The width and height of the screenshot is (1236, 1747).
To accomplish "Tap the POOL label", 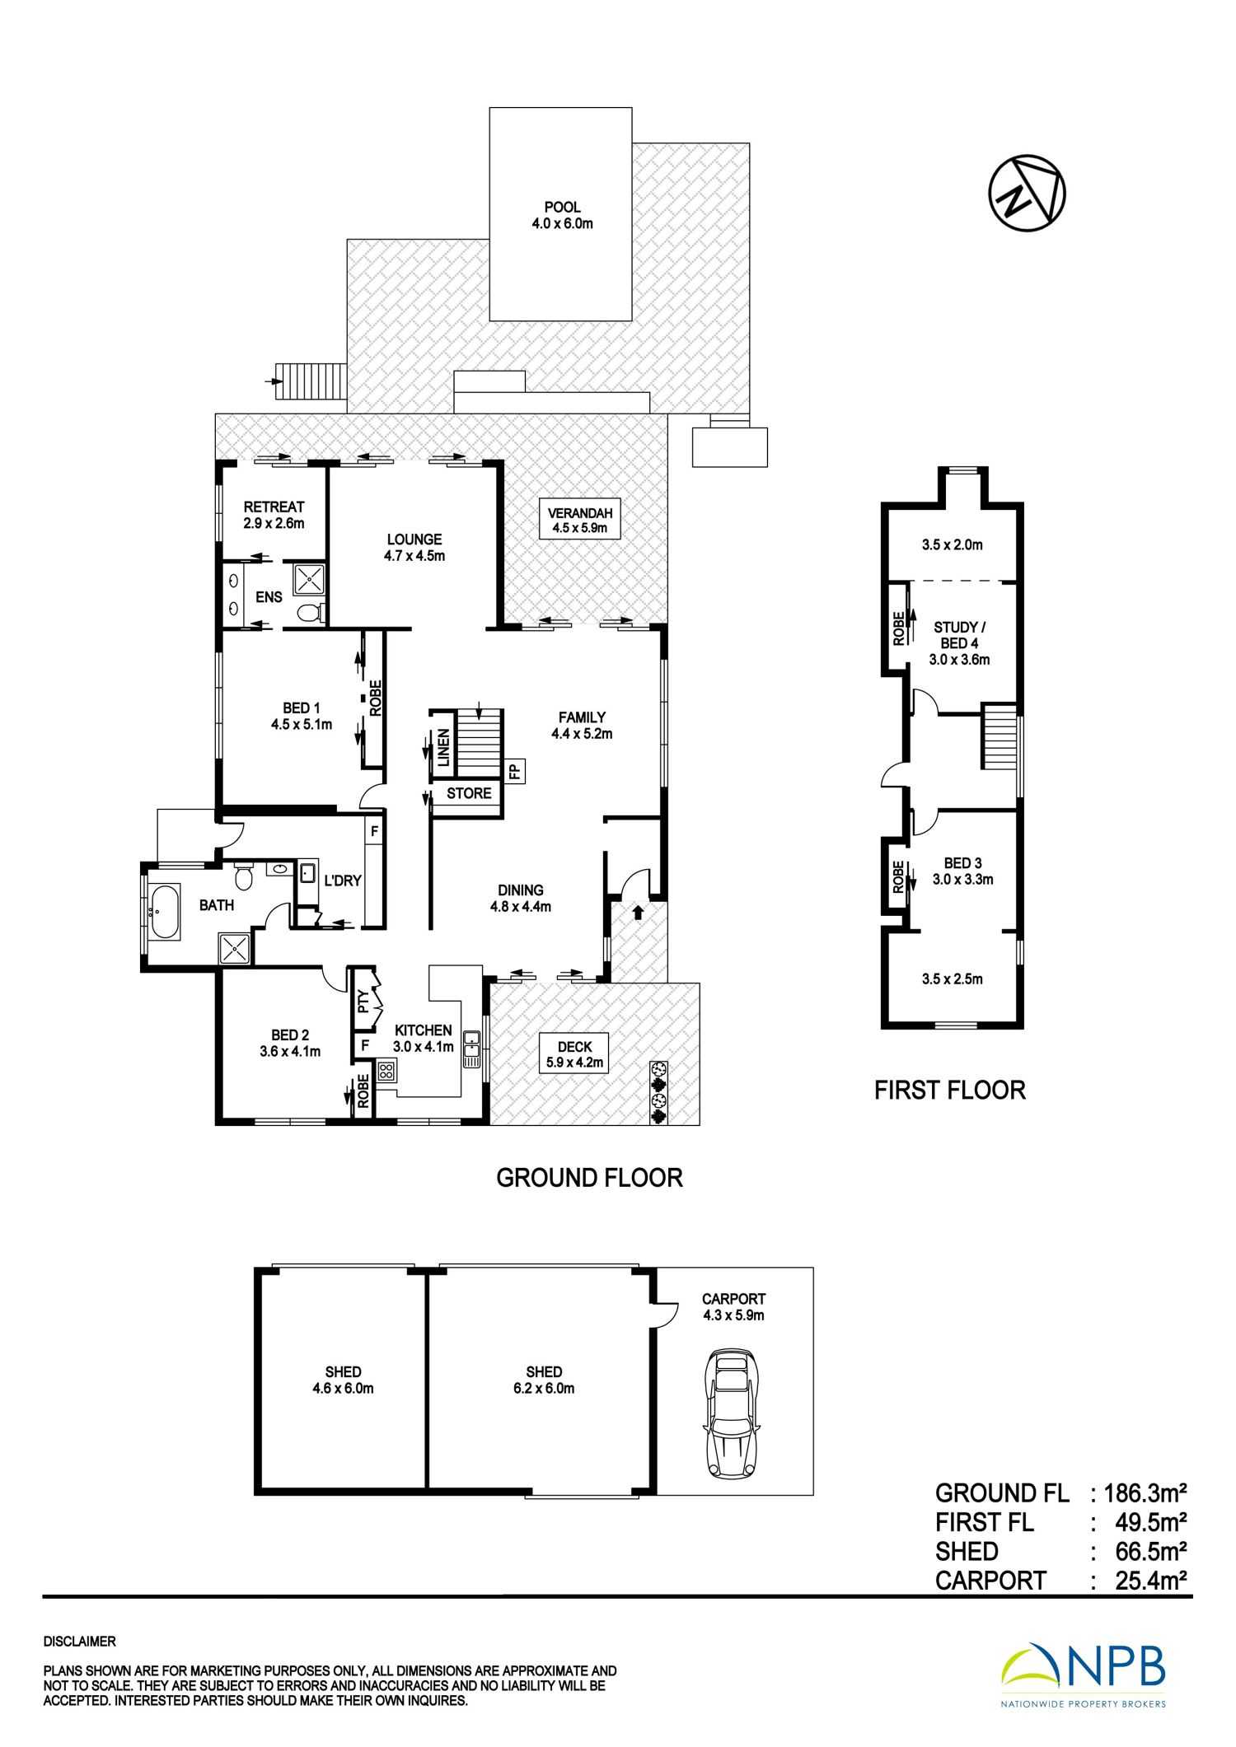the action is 562,208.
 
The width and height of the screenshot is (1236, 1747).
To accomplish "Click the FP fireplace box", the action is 513,772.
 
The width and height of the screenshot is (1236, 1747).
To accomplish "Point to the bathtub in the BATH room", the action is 165,912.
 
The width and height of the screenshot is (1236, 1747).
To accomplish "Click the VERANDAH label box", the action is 580,520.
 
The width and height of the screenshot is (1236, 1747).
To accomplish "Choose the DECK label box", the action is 574,1054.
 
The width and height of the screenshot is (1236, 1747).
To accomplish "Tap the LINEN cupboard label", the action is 443,748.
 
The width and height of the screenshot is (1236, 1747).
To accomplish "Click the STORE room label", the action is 469,793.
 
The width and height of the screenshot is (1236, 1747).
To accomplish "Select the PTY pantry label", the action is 363,1000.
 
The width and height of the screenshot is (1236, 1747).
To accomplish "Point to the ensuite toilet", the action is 309,613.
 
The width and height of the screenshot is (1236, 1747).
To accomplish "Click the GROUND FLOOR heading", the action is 589,1178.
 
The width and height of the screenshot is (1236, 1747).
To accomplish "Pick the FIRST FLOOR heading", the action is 949,1091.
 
